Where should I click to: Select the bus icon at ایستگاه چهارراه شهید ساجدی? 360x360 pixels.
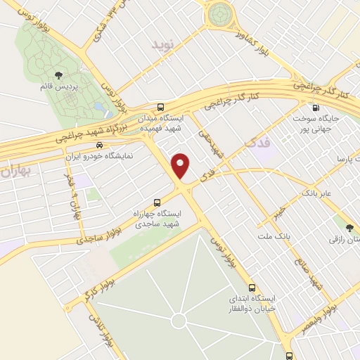pyautogui.click(x=176, y=198)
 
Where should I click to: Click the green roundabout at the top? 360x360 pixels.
pyautogui.click(x=219, y=13)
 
